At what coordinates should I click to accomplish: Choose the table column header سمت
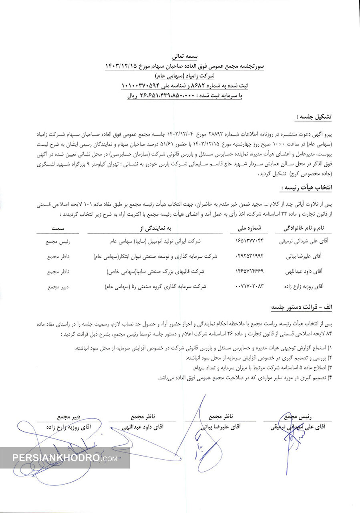(x=58, y=228)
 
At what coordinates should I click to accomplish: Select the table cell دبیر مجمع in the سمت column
(x=58, y=287)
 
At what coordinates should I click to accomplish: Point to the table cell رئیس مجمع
(x=58, y=242)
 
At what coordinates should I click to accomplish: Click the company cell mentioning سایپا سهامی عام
(x=156, y=242)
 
